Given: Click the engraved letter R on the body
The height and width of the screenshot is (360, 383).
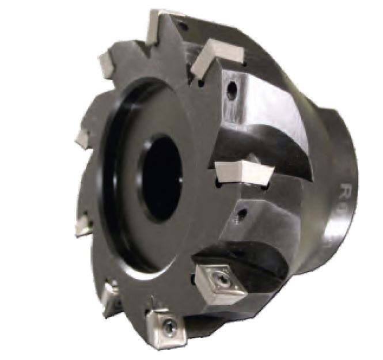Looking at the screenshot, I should (346, 190).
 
